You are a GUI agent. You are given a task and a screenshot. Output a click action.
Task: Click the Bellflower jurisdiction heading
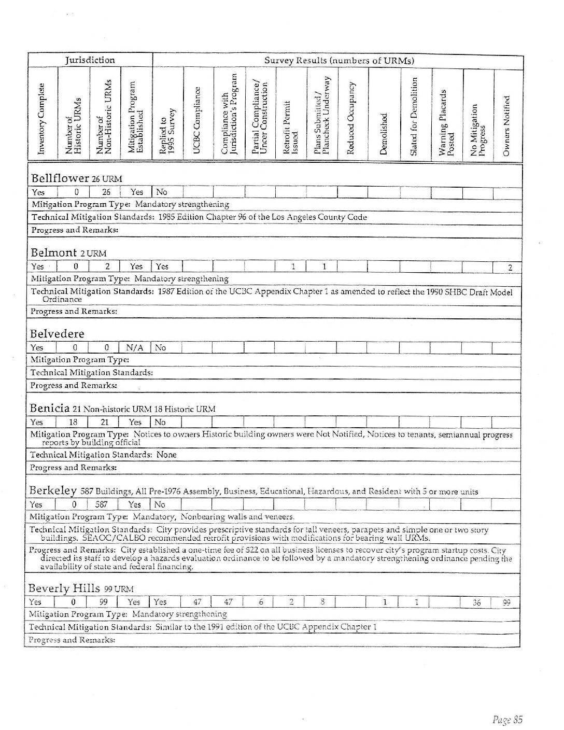pyautogui.click(x=61, y=178)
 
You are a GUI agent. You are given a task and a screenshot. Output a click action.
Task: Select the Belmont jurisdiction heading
pyautogui.click(x=53, y=253)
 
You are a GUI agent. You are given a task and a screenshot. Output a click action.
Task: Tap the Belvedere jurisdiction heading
pyautogui.click(x=57, y=333)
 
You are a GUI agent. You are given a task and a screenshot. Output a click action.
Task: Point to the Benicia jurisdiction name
pyautogui.click(x=50, y=408)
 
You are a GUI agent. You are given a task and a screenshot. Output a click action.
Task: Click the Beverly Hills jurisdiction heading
pyautogui.click(x=65, y=588)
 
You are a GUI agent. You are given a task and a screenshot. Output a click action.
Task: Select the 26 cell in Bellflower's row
pyautogui.click(x=106, y=192)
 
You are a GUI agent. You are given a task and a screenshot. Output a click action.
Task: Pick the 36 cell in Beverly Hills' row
pyautogui.click(x=476, y=603)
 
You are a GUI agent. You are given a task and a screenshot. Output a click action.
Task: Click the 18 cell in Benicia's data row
pyautogui.click(x=73, y=422)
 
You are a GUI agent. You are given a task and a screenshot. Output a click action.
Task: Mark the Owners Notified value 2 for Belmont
pyautogui.click(x=510, y=268)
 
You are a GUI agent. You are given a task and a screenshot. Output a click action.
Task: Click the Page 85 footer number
pyautogui.click(x=507, y=719)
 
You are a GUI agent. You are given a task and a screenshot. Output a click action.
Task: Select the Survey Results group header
pyautogui.click(x=339, y=61)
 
